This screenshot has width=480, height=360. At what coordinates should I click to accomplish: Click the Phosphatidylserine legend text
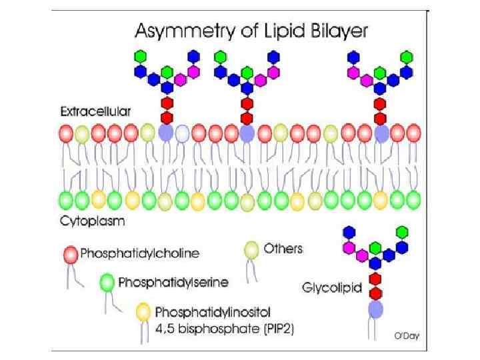pos(173,282)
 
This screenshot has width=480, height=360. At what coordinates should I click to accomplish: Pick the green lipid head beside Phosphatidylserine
pos(107,282)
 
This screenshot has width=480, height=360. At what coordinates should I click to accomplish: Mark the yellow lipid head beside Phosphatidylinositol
pos(143,311)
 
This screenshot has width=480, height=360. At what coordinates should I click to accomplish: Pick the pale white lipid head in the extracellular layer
pos(181,133)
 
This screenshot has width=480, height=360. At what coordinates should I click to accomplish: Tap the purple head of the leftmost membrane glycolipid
pos(165,133)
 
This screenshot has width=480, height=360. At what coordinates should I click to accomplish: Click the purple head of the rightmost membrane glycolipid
pos(381,133)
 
